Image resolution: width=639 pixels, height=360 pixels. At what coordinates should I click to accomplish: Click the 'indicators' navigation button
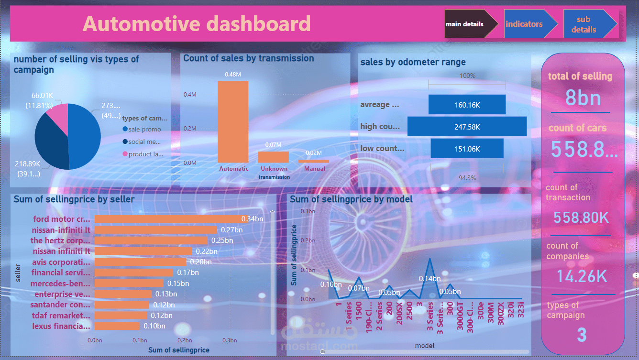pyautogui.click(x=524, y=24)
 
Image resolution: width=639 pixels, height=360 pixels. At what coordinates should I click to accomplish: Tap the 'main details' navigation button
pyautogui.click(x=464, y=24)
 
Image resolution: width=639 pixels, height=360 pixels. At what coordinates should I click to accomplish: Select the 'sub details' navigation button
pyautogui.click(x=583, y=24)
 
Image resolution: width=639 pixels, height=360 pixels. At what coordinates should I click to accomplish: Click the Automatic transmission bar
pyautogui.click(x=233, y=122)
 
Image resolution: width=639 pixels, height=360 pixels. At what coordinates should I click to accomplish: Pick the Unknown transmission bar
pyautogui.click(x=273, y=157)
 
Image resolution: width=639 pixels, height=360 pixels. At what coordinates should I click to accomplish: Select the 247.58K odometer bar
pyautogui.click(x=467, y=127)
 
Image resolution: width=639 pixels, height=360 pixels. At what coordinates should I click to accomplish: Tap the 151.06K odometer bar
pyautogui.click(x=467, y=149)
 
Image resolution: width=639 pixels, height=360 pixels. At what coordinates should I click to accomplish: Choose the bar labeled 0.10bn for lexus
pyautogui.click(x=117, y=326)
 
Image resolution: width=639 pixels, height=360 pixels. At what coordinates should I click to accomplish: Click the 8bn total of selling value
pyautogui.click(x=583, y=98)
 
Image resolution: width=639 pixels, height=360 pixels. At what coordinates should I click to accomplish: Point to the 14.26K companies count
pyautogui.click(x=582, y=276)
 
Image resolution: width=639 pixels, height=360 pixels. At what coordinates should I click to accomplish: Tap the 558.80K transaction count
pyautogui.click(x=581, y=218)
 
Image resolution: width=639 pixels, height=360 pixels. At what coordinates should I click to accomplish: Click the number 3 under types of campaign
pyautogui.click(x=581, y=335)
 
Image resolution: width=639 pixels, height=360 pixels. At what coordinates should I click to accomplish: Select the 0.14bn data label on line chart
pyautogui.click(x=430, y=279)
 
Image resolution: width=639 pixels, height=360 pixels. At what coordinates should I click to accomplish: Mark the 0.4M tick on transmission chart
pyautogui.click(x=190, y=95)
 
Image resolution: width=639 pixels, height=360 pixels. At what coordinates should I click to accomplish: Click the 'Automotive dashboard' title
pyautogui.click(x=197, y=24)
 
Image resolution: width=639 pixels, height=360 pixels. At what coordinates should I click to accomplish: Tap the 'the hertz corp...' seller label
pyautogui.click(x=60, y=240)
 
